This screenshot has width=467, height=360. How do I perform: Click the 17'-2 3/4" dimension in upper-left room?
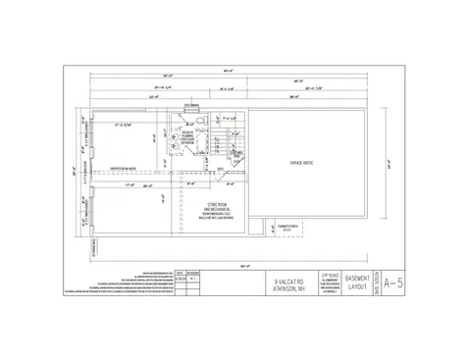click(x=123, y=125)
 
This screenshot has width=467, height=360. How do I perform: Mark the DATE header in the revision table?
click(x=179, y=273)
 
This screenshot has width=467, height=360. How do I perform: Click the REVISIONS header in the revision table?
click(x=193, y=273)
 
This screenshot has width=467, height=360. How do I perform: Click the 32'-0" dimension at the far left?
click(x=72, y=169)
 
